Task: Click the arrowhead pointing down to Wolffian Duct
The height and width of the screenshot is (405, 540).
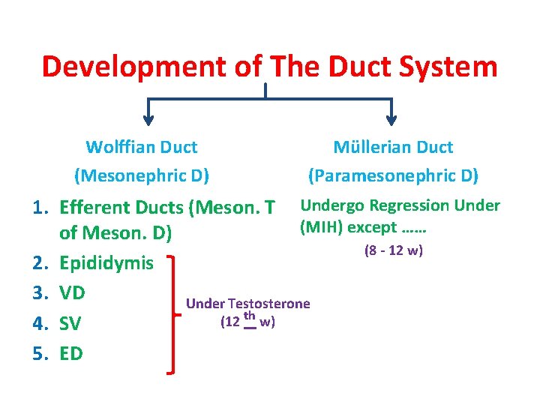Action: coord(147,115)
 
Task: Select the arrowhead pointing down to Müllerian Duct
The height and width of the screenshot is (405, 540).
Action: coord(391,115)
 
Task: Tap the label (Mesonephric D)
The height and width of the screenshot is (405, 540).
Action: coord(141,175)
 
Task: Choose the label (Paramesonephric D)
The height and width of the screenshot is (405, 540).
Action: coord(394,175)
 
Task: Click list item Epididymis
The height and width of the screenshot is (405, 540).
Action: coord(106,263)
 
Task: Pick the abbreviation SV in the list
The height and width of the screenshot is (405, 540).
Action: coord(70,323)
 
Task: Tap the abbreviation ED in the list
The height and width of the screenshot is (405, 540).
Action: coord(70,353)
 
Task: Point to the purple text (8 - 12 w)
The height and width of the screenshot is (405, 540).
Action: coord(394,250)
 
